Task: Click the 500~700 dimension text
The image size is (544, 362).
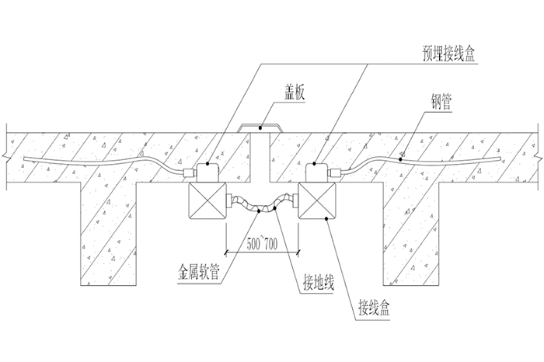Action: pyautogui.click(x=262, y=242)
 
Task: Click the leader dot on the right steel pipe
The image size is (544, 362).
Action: pyautogui.click(x=401, y=158)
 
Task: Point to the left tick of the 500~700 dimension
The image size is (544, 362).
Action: pyautogui.click(x=226, y=252)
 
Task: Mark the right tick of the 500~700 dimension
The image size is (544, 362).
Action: pyautogui.click(x=299, y=252)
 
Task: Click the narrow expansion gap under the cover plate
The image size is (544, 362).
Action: pyautogui.click(x=262, y=155)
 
